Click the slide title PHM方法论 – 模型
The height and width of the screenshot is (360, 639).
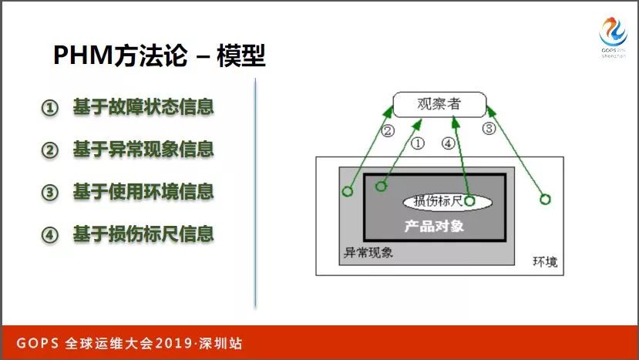(x=160, y=56)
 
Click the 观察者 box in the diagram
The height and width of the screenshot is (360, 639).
(x=439, y=104)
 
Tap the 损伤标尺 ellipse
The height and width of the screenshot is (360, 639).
(x=448, y=201)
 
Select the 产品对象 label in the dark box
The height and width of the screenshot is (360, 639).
(x=434, y=227)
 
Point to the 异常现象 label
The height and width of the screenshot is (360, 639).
(x=368, y=253)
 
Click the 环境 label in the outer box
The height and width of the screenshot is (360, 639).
(x=545, y=261)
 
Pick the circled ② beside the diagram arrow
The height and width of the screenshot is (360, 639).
(x=388, y=131)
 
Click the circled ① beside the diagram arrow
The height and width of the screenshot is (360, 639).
(x=417, y=143)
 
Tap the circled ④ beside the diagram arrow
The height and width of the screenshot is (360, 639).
(x=449, y=143)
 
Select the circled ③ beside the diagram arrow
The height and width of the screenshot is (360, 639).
(x=489, y=129)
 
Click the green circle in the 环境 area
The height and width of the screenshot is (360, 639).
(x=545, y=200)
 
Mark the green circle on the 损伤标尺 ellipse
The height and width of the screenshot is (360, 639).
(x=469, y=201)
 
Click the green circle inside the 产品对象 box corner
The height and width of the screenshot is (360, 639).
(x=381, y=187)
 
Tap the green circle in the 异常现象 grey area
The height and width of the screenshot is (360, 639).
(x=347, y=191)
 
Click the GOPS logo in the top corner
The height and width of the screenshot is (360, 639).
(x=614, y=37)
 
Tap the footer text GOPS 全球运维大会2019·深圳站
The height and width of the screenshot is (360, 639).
(x=129, y=343)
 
